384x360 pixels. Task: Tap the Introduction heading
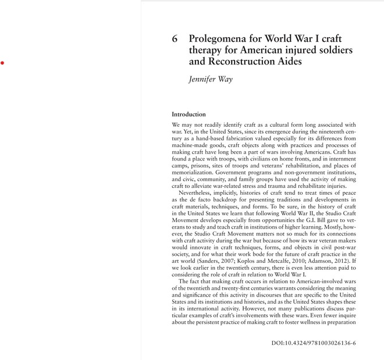pyautogui.click(x=189, y=115)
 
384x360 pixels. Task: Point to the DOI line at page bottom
pyautogui.click(x=314, y=343)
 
